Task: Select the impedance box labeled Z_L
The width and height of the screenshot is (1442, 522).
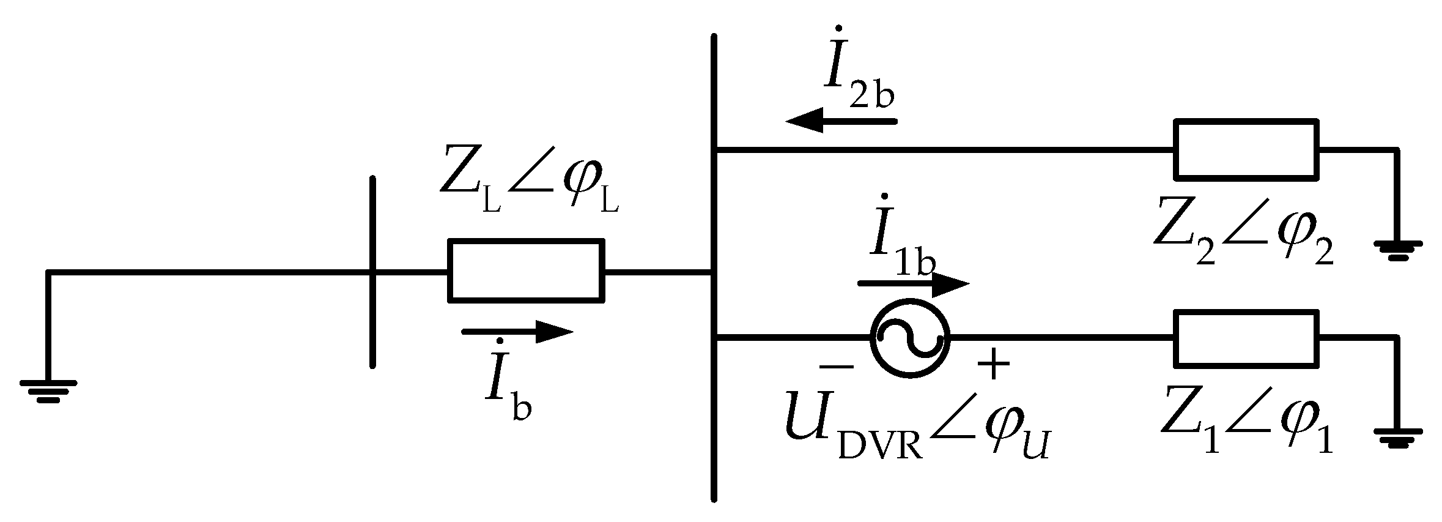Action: (x=526, y=270)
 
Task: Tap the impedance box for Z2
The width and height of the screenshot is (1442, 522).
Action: (x=1246, y=149)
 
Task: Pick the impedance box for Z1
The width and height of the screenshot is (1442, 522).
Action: (x=1246, y=338)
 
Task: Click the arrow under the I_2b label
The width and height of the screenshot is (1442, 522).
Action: (x=841, y=121)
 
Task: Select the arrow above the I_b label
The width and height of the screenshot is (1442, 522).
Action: (x=517, y=332)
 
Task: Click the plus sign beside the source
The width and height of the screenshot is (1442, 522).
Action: (x=993, y=365)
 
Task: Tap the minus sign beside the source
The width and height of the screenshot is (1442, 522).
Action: (x=836, y=366)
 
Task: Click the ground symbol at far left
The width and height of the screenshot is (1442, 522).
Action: (x=48, y=390)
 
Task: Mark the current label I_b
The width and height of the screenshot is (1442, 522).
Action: (x=508, y=386)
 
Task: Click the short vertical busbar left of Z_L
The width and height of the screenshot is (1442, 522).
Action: (x=372, y=272)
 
